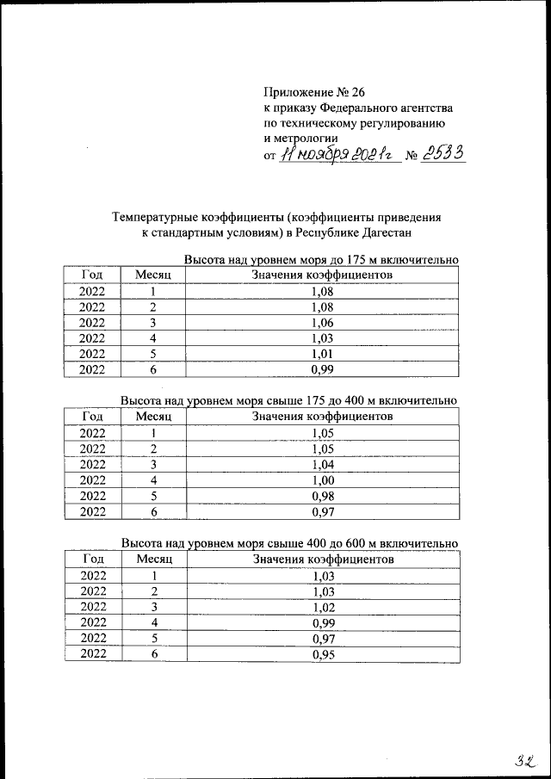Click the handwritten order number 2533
(443, 153)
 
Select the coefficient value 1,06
(322, 323)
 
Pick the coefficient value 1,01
(322, 354)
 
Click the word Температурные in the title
(163, 217)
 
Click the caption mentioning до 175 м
(320, 260)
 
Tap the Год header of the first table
(92, 275)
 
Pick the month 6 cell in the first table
(153, 369)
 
